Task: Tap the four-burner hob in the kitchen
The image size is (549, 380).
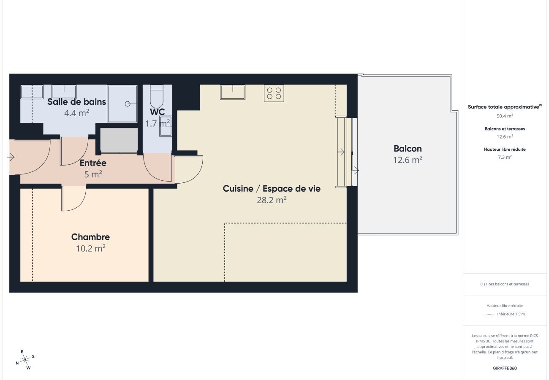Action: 274,93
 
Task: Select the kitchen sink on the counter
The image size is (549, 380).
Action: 233,92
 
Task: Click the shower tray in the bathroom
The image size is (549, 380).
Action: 122,103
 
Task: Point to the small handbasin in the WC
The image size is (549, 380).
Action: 165,126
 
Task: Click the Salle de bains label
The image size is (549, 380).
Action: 76,102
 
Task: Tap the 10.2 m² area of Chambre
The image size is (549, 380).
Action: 90,248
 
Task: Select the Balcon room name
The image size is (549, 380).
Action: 408,149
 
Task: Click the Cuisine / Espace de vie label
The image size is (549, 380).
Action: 272,189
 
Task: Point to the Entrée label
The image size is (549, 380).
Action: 93,163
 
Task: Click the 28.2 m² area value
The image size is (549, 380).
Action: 272,200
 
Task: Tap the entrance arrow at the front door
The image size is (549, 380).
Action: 11,157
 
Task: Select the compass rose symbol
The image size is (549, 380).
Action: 25,360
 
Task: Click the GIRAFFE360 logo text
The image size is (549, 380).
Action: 505,368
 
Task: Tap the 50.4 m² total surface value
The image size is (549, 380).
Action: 505,116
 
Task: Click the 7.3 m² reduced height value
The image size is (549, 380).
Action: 505,157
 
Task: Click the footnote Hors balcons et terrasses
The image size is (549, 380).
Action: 505,284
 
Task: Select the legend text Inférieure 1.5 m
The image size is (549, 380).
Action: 511,314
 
